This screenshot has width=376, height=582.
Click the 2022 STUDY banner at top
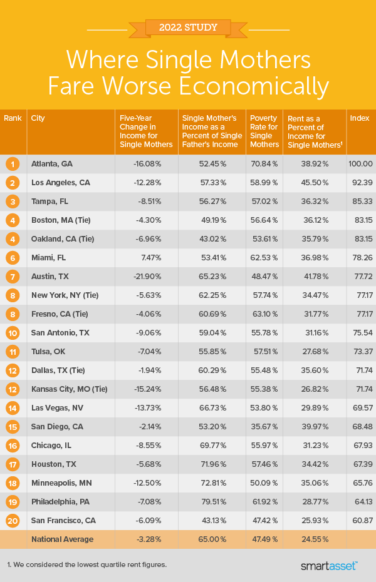(188, 28)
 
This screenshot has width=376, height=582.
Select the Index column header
(359, 118)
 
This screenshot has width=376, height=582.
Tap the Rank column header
(12, 118)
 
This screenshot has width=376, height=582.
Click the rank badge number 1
(12, 163)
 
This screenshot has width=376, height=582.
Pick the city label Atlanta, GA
(52, 163)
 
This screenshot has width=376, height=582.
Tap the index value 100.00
(360, 163)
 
